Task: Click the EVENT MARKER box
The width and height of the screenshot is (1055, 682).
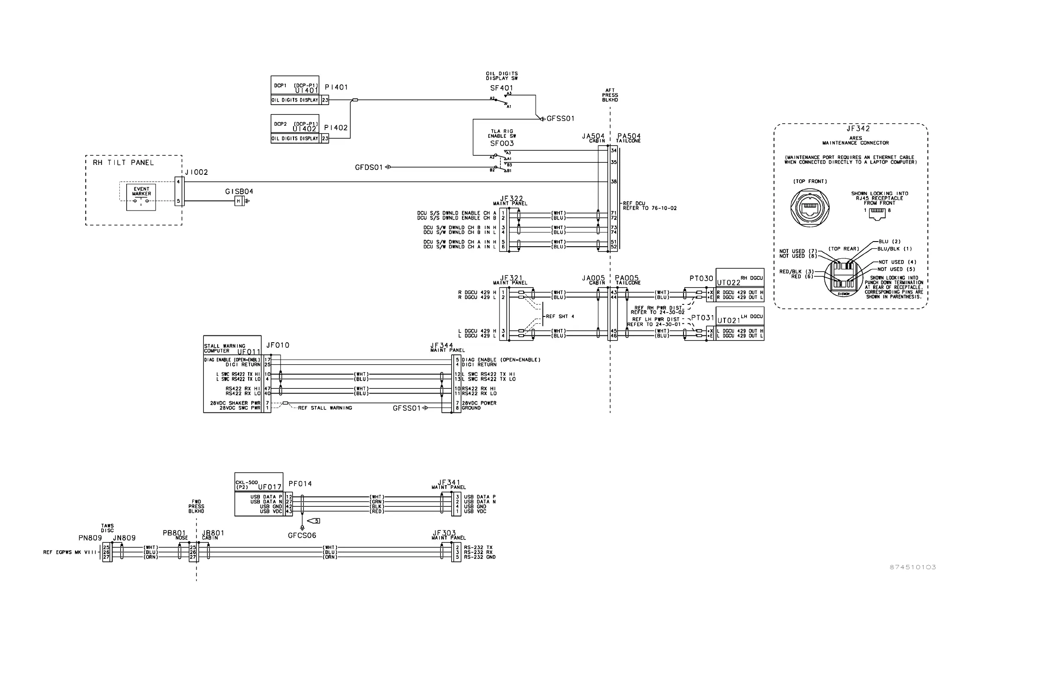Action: tap(141, 197)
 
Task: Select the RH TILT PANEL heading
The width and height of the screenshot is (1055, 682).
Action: tap(123, 162)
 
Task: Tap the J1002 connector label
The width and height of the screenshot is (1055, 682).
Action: tap(197, 172)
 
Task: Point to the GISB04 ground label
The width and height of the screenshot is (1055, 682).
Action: tap(239, 192)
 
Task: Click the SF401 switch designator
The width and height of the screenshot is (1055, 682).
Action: tap(501, 88)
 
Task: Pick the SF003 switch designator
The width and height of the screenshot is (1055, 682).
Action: tap(502, 143)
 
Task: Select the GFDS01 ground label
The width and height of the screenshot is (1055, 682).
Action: tap(368, 167)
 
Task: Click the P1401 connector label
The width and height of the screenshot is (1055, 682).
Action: tap(336, 88)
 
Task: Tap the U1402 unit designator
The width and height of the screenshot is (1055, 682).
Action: tap(305, 129)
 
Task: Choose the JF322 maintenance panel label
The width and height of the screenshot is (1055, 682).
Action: tap(511, 199)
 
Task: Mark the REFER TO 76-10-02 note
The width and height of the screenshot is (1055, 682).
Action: tap(650, 208)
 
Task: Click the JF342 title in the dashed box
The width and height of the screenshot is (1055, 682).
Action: tap(858, 129)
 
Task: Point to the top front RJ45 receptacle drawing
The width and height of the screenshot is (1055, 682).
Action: tap(810, 208)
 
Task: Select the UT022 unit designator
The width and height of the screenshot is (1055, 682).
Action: tap(728, 282)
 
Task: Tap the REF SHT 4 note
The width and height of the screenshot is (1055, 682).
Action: tap(560, 316)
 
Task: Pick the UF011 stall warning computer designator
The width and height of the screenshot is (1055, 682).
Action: tap(249, 352)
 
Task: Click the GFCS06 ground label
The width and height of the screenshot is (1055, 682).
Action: tap(302, 536)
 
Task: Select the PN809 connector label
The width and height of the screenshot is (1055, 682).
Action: tap(90, 538)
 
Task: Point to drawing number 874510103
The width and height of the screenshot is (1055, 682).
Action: tap(913, 567)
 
